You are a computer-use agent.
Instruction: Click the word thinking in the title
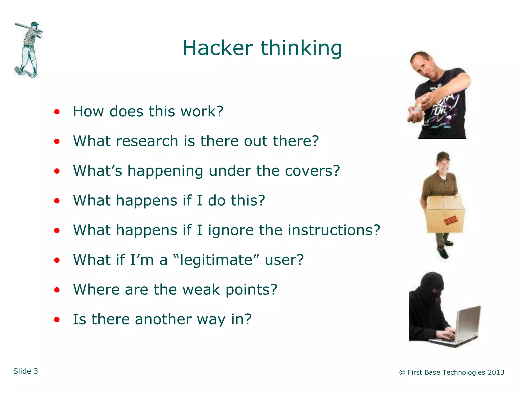[301, 49]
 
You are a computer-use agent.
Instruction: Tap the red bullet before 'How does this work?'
[57, 112]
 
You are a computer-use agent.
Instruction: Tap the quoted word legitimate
[216, 260]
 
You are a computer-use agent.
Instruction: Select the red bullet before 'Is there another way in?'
[57, 320]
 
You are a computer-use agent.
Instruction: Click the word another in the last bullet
[163, 319]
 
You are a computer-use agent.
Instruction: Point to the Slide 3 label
[26, 371]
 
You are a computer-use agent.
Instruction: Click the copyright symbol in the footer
[402, 373]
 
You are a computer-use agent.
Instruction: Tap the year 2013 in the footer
[496, 372]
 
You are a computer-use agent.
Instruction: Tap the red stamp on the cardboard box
[450, 221]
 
